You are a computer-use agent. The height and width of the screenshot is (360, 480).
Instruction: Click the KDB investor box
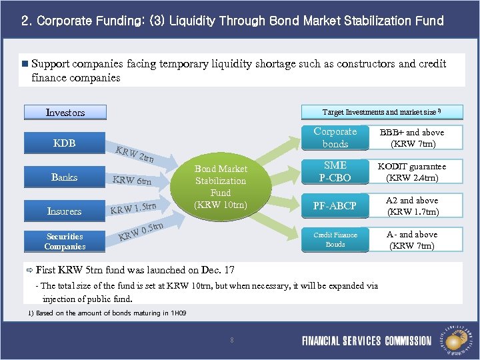(65, 143)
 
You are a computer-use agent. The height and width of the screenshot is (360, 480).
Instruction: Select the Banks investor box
(65, 177)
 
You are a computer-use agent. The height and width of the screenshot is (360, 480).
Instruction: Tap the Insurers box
(65, 211)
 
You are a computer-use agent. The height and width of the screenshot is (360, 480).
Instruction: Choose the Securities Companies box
(65, 241)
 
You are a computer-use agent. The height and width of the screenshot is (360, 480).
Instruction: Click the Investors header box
(65, 113)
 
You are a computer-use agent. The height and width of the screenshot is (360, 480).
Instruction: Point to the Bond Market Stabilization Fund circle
(220, 187)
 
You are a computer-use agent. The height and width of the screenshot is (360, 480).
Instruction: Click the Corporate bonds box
(335, 138)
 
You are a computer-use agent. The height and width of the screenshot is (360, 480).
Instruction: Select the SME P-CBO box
(335, 171)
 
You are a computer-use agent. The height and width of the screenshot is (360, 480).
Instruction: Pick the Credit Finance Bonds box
(335, 239)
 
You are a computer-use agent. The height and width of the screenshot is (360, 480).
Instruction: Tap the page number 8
(231, 341)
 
